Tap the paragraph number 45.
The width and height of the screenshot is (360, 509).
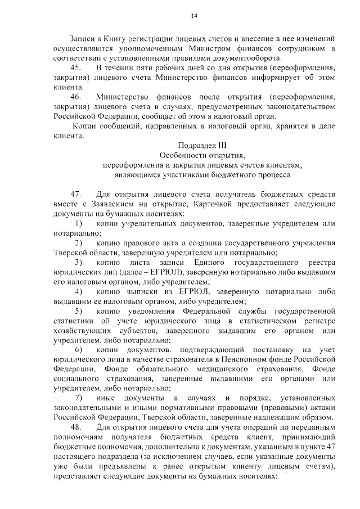coord(75,67)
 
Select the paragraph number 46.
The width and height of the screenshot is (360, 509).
coord(75,96)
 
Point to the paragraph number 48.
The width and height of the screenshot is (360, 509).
coord(75,427)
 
